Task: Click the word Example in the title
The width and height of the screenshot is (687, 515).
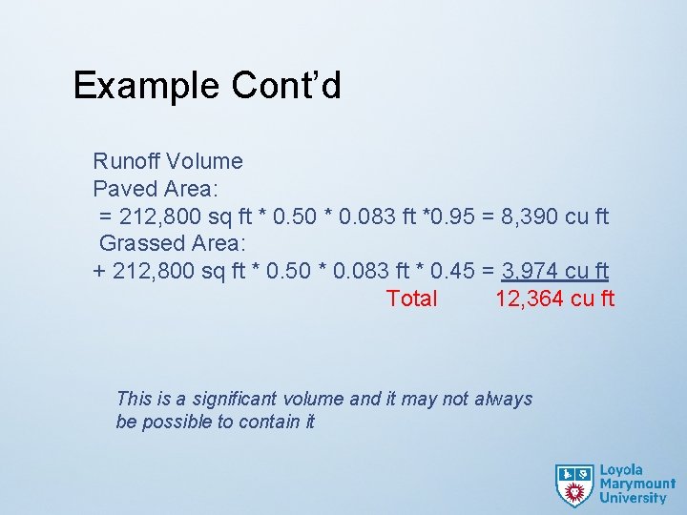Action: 146,86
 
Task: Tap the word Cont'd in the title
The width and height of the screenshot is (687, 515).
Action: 285,86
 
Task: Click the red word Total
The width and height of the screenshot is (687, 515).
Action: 411,299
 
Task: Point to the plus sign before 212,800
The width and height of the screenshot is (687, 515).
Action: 99,271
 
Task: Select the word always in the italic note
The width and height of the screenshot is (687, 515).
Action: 503,399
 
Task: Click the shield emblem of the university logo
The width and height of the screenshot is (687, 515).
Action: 574,484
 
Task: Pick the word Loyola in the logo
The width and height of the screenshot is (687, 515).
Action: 621,470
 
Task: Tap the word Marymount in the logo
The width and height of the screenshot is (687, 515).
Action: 636,484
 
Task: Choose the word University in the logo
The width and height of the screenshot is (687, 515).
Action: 633,497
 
